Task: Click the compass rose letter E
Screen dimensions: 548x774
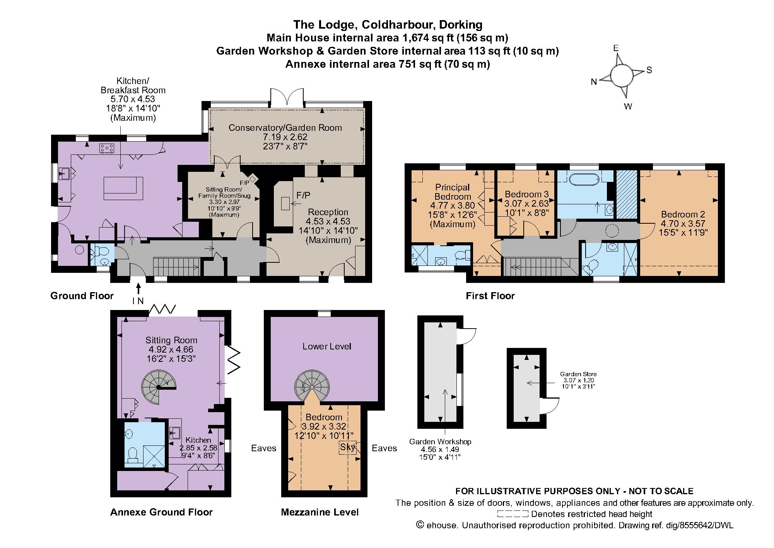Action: tap(616, 48)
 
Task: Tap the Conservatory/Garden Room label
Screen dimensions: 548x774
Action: tap(285, 128)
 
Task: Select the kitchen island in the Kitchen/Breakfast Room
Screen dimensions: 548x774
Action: tap(123, 188)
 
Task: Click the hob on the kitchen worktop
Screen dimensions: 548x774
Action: tap(106, 147)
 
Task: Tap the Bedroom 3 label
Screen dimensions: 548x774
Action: tap(526, 194)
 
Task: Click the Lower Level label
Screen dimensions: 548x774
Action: tap(327, 346)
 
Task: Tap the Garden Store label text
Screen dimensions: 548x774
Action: tap(578, 374)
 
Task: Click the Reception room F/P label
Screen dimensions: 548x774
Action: tap(303, 195)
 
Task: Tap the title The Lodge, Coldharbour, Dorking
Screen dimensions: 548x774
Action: tap(388, 25)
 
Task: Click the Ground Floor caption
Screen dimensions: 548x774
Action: tap(82, 296)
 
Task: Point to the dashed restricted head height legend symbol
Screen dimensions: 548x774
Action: tap(513, 514)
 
